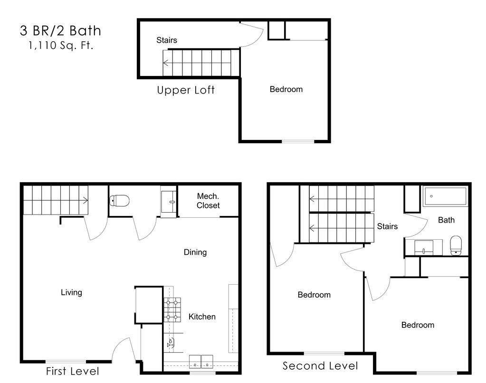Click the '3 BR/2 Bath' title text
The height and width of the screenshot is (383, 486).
coord(60,31)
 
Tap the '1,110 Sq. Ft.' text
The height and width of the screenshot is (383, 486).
coord(60,46)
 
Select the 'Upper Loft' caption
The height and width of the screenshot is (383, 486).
coord(186,90)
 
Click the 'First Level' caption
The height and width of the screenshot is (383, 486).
coord(72,371)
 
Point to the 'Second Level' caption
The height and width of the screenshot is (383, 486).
coord(320,365)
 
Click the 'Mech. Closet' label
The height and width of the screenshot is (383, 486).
coord(208,201)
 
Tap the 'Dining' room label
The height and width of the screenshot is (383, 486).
coord(195,252)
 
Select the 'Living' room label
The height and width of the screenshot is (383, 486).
coord(71,292)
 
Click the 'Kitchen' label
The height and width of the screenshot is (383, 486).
coord(202,317)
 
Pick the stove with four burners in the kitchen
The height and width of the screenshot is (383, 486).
coord(172,309)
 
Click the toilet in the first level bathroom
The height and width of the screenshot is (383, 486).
coord(120,201)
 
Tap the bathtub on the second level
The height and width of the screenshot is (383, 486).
coord(445,196)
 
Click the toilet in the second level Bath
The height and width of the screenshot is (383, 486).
coord(456,245)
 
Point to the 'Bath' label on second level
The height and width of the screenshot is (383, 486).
coord(446,220)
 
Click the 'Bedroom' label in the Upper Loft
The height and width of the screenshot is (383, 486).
coord(286,89)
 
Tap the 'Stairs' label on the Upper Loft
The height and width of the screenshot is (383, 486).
coord(167,40)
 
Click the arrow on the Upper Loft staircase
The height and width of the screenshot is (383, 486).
coord(166,63)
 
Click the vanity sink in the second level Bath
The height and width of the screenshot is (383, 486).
coord(423,247)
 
